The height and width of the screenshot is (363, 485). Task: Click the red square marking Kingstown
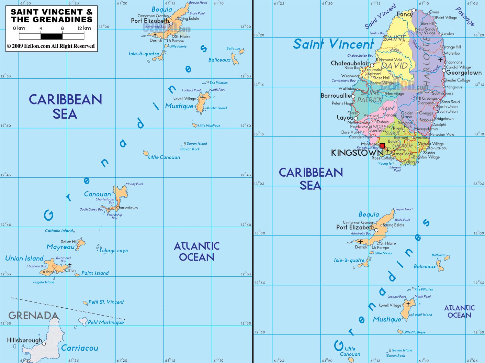tap(382, 146)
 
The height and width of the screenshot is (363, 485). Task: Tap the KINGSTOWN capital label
tap(357, 153)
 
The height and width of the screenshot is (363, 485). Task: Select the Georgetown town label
tap(464, 73)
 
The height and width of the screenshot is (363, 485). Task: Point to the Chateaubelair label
tap(350, 63)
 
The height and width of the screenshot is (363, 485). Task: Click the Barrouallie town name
tap(336, 96)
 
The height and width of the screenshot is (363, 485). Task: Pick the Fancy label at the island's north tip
tap(405, 14)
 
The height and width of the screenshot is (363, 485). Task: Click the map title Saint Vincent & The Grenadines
tap(52, 16)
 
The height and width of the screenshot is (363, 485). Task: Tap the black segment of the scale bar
tap(52, 36)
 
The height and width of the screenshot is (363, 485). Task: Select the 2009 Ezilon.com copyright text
tap(51, 46)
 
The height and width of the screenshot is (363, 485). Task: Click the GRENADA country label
tap(33, 316)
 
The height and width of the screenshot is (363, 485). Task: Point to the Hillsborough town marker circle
tap(44, 343)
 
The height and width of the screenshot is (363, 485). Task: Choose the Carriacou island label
tap(80, 348)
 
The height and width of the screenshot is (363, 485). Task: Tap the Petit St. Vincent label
tap(106, 302)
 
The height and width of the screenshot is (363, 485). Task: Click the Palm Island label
tap(95, 273)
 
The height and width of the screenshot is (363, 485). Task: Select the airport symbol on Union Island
tap(70, 265)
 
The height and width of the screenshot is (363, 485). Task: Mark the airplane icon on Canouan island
tap(109, 209)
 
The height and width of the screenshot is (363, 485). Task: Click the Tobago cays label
tap(114, 251)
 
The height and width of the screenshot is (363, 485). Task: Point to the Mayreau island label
tap(60, 247)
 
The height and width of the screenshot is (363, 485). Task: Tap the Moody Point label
tap(134, 184)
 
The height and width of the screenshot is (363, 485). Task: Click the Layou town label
tap(345, 118)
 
